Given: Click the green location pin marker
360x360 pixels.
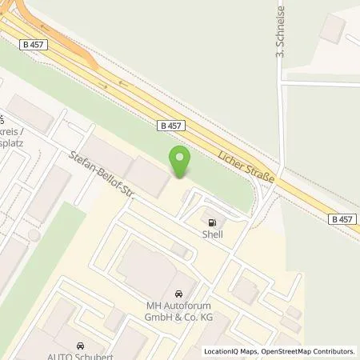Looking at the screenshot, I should click(x=181, y=161).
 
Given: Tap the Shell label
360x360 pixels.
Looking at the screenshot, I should click(x=213, y=235).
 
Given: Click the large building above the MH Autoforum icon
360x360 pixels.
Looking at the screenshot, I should click(x=152, y=264).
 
